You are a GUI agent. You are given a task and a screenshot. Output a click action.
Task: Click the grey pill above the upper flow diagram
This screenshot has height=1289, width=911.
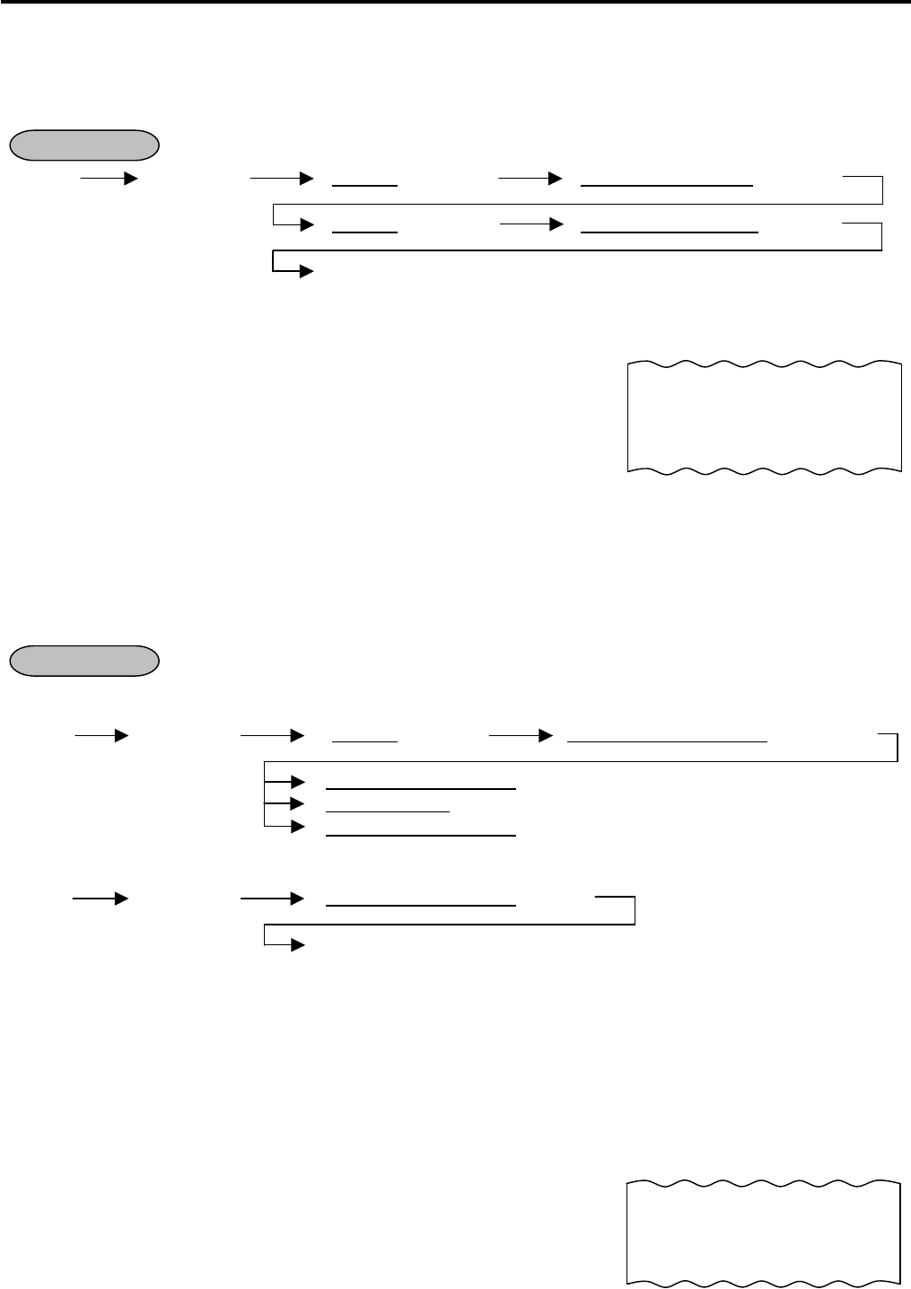(x=83, y=145)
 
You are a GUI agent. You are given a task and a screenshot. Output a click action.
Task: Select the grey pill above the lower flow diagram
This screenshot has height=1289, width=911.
(x=83, y=660)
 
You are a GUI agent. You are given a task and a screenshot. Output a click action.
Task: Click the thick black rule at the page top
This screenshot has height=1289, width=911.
(x=455, y=3)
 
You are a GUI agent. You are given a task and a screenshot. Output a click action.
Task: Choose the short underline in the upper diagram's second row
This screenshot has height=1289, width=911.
(x=364, y=232)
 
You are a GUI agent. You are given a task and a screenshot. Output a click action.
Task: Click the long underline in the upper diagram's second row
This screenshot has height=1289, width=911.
(x=670, y=232)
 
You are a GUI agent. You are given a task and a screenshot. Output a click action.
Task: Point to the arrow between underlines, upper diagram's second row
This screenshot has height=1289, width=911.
(x=529, y=224)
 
